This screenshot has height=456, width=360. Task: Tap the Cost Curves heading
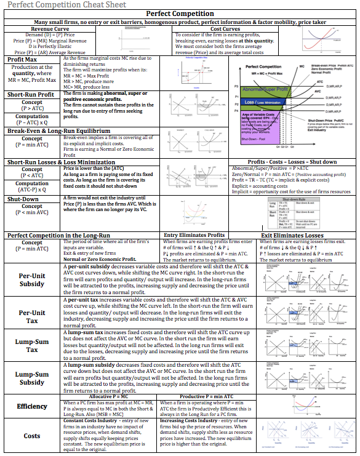coord(225,28)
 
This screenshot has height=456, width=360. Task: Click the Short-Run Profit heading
coord(32,94)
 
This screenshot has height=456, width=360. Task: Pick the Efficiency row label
coord(32,406)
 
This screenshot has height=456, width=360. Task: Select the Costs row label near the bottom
coord(32,436)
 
